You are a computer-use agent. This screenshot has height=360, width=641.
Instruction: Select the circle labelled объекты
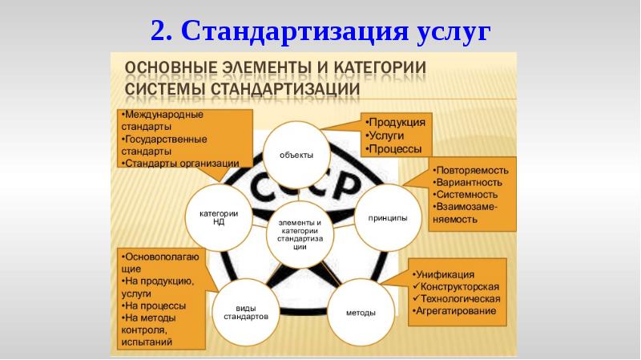pos(296,154)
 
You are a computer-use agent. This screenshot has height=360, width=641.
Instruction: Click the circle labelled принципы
pos(387,217)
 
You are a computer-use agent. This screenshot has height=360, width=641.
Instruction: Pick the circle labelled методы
pos(361,311)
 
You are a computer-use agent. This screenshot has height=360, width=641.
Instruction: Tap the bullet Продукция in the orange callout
pos(397,123)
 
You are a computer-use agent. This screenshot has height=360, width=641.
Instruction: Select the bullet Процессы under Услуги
pos(395,148)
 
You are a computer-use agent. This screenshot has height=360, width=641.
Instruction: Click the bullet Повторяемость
pos(473,171)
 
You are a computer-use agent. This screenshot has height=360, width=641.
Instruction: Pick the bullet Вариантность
pos(470,182)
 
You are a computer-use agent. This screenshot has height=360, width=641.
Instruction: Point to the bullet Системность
pos(467,194)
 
